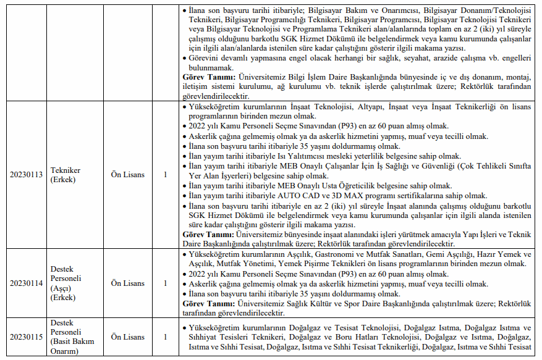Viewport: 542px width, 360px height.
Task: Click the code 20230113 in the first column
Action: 26,175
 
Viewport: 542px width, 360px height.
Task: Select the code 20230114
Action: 26,283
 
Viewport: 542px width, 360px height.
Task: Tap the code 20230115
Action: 26,337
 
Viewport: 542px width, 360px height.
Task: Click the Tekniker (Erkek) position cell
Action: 66,175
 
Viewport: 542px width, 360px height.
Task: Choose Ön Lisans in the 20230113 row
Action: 127,175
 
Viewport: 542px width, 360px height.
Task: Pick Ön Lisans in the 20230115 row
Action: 127,337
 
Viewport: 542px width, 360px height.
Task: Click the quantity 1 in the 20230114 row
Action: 165,283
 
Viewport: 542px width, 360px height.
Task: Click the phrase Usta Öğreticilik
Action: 352,186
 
